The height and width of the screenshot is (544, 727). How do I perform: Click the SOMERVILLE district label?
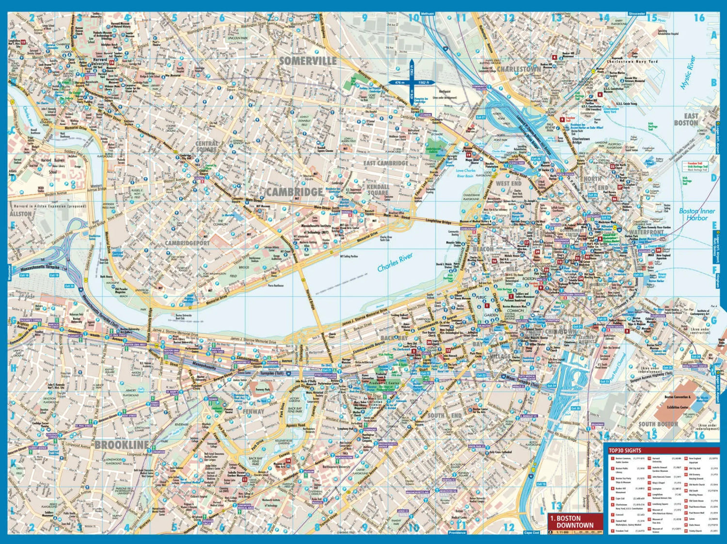308,61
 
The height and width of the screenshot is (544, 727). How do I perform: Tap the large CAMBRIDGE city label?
294,192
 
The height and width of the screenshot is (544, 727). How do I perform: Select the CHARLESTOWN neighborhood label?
519,69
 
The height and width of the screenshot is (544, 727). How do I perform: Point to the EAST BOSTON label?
686,119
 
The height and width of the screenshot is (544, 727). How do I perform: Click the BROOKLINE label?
122,445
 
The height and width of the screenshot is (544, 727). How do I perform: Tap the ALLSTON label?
21,214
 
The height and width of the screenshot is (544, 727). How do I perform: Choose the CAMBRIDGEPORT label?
187,243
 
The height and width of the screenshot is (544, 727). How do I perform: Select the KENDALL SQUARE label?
378,190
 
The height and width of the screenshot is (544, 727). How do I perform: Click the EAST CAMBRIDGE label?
385,163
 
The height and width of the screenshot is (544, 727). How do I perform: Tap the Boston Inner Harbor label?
696,214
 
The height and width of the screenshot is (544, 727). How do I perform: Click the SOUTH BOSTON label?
658,424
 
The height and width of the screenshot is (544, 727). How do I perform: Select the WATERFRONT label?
647,232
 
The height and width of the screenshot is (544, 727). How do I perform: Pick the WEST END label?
508,184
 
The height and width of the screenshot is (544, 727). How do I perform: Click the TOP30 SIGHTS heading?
625,450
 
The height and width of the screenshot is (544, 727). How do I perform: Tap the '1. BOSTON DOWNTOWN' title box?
575,522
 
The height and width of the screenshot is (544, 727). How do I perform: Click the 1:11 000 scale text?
562,532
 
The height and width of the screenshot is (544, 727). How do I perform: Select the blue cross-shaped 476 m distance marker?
411,83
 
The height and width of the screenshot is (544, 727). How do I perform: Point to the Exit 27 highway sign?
480,117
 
